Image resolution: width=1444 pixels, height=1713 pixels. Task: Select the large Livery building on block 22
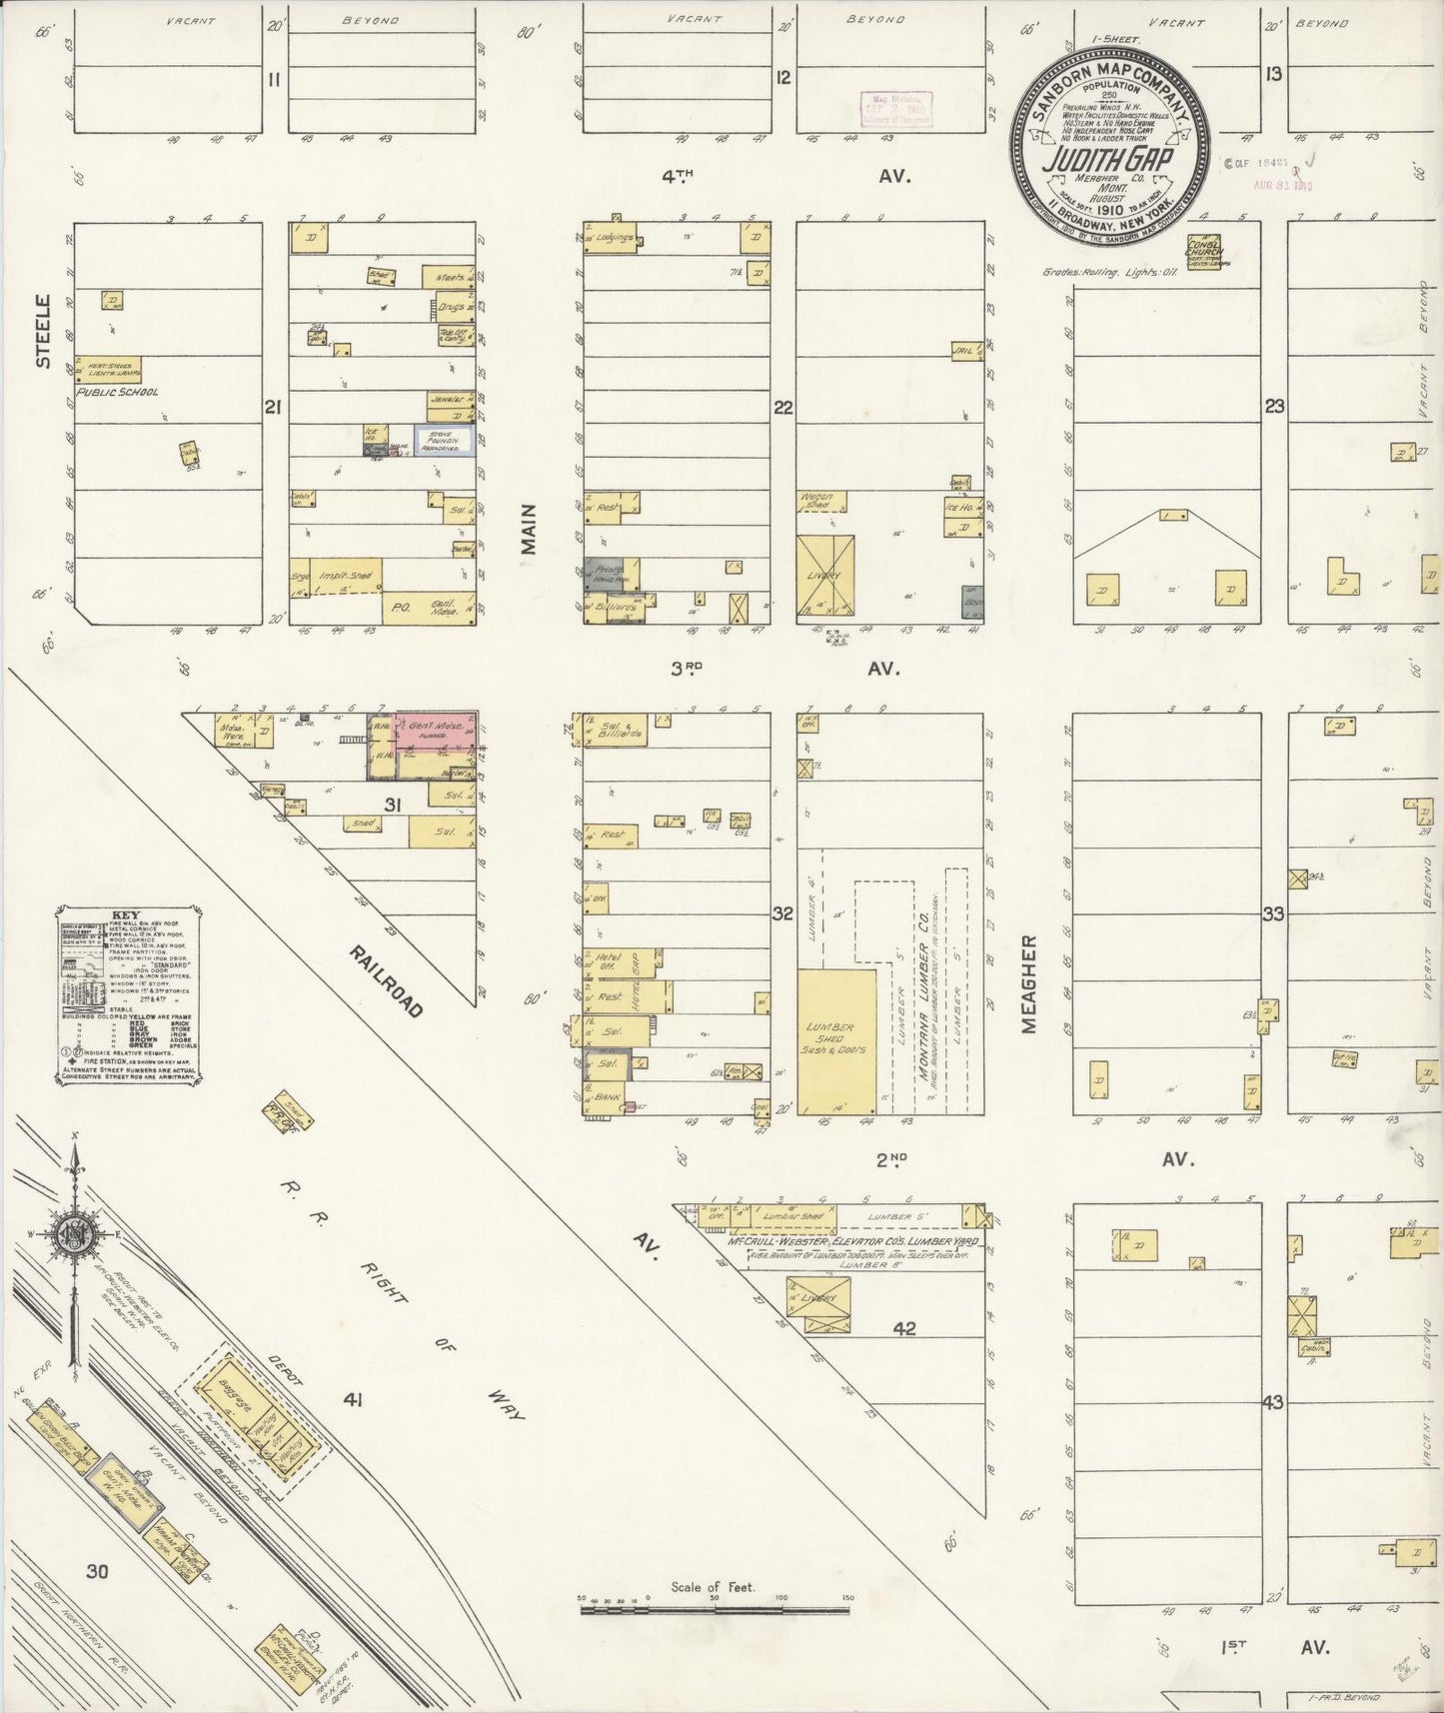(826, 575)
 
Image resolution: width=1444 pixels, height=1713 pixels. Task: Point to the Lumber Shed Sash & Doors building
(835, 1039)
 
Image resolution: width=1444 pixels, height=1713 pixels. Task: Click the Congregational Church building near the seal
(1203, 256)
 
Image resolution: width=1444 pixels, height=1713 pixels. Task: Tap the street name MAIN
(530, 536)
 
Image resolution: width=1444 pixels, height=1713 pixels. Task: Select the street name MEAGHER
(1030, 983)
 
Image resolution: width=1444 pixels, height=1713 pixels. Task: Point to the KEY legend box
(127, 994)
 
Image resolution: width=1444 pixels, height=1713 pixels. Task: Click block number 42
(904, 1328)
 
